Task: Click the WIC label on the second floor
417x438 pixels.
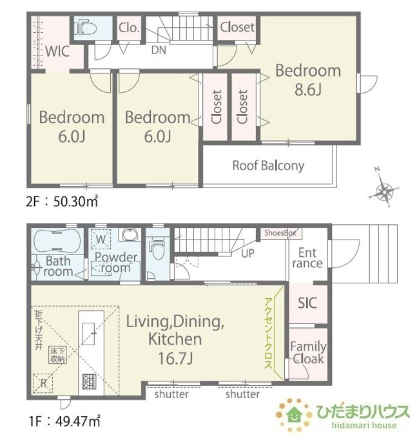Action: (x=57, y=52)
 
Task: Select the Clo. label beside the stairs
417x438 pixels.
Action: (x=129, y=28)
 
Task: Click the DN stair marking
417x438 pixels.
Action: (x=159, y=50)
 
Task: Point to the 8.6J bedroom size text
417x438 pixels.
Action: (x=307, y=90)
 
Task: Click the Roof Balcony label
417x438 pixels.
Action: (x=268, y=166)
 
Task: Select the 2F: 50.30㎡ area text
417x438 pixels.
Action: (x=62, y=201)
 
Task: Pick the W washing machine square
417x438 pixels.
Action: (x=101, y=239)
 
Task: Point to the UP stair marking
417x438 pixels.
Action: (x=247, y=253)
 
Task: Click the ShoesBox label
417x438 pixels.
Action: (x=280, y=233)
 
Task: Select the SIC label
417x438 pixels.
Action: (x=307, y=303)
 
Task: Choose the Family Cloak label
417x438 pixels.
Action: (x=308, y=353)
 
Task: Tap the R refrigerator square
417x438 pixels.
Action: (x=43, y=383)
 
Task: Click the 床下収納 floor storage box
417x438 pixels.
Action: (x=57, y=355)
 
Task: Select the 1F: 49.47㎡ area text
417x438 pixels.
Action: (x=64, y=421)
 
